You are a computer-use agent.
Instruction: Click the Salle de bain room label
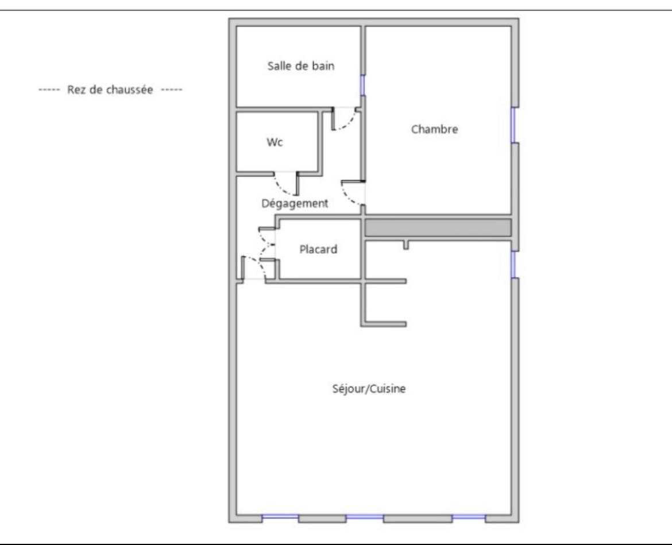[x=301, y=66]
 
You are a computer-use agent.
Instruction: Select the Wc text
[x=274, y=143]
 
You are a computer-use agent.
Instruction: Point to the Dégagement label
[x=295, y=203]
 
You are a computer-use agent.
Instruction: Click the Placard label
[x=318, y=250]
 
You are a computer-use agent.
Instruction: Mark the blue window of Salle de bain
[x=362, y=86]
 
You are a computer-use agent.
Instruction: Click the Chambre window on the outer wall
[x=514, y=125]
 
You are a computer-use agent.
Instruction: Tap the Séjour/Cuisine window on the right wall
[x=514, y=265]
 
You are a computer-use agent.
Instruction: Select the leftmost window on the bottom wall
[x=280, y=518]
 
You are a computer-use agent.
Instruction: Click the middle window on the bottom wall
[x=364, y=518]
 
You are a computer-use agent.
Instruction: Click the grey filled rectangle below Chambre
[x=438, y=227]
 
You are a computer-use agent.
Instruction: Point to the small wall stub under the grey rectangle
[x=406, y=245]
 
